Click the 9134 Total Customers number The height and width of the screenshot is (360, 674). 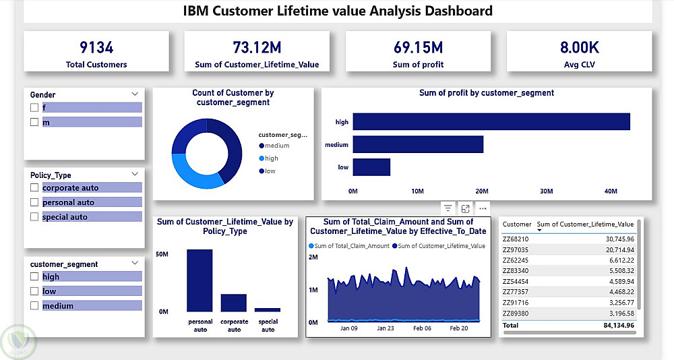pos(96,47)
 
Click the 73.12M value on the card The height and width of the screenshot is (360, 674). pos(257,47)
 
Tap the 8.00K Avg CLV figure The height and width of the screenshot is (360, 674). pos(579,47)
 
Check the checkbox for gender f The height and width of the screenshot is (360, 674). pos(34,108)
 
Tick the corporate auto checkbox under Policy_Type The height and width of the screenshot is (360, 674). pos(34,188)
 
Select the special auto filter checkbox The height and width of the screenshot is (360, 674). pos(34,217)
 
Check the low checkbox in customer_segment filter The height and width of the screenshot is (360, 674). pos(34,291)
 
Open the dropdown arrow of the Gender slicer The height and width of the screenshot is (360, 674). pos(135,94)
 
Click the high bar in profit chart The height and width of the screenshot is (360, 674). pos(491,122)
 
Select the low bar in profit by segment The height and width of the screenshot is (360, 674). pos(371,167)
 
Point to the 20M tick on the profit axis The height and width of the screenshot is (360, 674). pos(481,191)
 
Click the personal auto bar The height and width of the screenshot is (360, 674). pos(200,280)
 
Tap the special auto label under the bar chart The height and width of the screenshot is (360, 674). pos(268,326)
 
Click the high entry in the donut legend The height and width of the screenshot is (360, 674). pos(271,158)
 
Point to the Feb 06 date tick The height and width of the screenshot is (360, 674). pos(422,329)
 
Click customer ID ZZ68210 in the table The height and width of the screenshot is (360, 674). pos(516,239)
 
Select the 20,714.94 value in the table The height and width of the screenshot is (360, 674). pos(614,250)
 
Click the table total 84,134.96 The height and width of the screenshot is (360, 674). pos(613,325)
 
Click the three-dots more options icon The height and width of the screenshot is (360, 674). pos(482,208)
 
